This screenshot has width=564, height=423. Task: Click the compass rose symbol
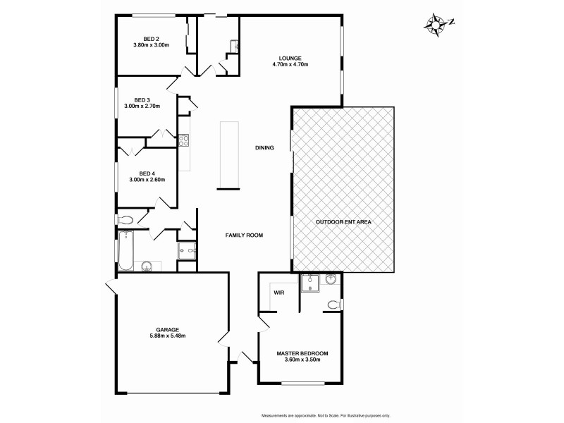click(x=437, y=23)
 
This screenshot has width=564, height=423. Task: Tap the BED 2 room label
click(x=151, y=39)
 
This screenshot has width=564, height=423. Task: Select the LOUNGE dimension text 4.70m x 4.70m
click(x=290, y=64)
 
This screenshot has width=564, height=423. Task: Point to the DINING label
click(x=264, y=147)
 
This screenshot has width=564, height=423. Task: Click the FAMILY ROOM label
click(x=244, y=235)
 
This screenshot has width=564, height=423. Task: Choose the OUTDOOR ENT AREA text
click(x=343, y=221)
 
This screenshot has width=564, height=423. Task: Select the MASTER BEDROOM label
click(x=302, y=353)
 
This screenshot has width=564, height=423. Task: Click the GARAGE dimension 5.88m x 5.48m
click(x=168, y=336)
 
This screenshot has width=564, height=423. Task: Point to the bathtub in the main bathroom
click(x=125, y=250)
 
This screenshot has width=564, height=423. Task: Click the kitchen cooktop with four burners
click(x=184, y=140)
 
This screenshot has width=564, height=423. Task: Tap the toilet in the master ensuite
click(x=334, y=305)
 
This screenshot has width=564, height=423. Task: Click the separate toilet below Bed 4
click(x=123, y=219)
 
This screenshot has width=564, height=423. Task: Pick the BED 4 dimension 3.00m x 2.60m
click(x=147, y=180)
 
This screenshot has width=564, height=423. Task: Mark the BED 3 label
click(x=142, y=99)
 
